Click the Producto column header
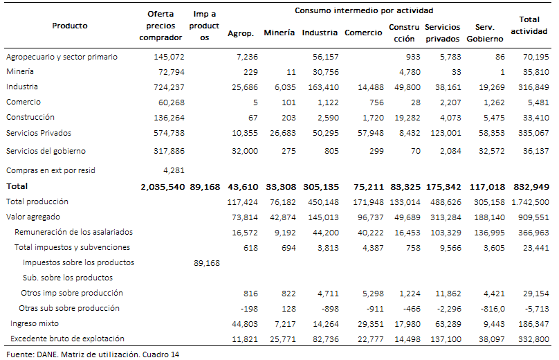point(70,26)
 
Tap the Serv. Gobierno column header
point(484,33)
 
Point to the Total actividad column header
point(529,25)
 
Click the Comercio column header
point(363,33)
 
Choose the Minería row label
point(20,71)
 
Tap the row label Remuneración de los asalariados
point(73,232)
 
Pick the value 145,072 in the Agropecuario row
point(169,56)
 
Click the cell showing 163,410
point(323,87)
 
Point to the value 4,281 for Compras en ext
point(174,170)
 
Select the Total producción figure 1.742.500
point(529,201)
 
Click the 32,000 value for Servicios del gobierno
point(242,150)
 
